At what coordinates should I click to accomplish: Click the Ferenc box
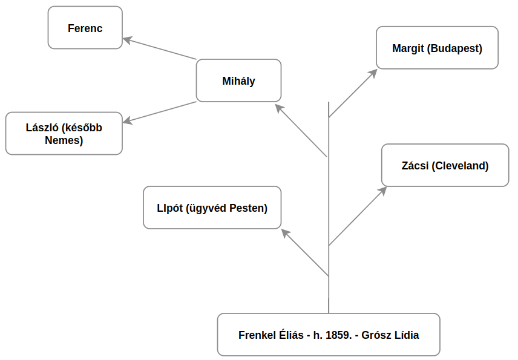[85, 28]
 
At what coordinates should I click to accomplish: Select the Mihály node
[238, 80]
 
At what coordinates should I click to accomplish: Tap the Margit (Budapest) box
[437, 48]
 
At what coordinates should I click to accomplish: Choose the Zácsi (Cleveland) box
[445, 165]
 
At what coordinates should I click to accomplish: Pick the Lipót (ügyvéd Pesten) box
[212, 208]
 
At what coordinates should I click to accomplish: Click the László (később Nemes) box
[64, 134]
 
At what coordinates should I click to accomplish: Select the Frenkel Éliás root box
[328, 335]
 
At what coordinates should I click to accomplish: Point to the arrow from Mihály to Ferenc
[160, 50]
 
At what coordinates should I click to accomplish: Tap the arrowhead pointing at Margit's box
[373, 73]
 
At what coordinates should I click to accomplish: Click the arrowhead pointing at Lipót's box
[286, 233]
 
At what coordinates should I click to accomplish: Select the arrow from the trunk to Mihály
[301, 130]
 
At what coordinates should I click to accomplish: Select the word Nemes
[64, 140]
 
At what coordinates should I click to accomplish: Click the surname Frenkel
[257, 335]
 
